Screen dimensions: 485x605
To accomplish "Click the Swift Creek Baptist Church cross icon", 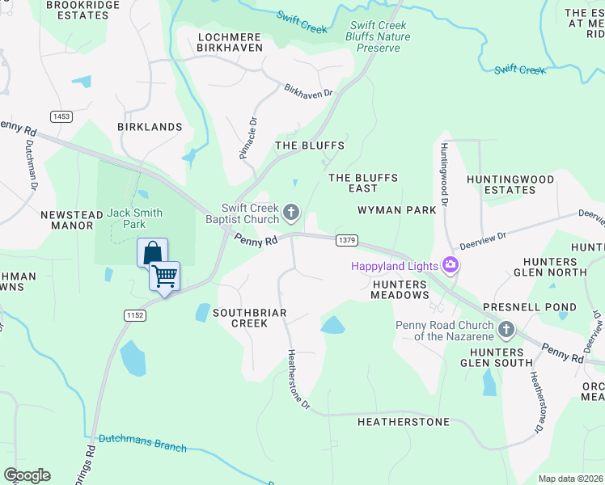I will pos(291,213).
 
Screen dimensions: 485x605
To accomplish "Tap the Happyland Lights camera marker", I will pos(451,265).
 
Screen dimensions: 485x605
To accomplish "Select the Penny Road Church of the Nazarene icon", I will pos(506,328).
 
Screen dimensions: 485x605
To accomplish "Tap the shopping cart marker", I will pos(164,276).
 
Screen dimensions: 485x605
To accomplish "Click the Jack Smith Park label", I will pos(135,219).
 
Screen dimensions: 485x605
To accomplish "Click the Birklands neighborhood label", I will pos(150,127).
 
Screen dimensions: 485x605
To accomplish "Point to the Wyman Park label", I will pos(396,210).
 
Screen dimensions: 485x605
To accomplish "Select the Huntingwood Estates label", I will pos(509,184).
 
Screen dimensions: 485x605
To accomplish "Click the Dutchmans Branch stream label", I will pos(142,442).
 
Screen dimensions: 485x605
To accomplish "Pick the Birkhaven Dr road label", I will pos(308,90).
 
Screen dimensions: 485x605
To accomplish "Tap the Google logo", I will pos(27,475).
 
